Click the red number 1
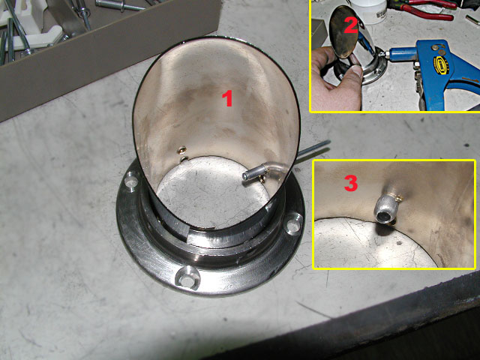point(227,99)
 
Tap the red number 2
point(351,25)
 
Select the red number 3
point(351,183)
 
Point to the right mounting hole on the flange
point(293,224)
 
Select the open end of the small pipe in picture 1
point(246,176)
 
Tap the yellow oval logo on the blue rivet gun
point(440,64)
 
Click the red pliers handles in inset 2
point(428,9)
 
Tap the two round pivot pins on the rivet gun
point(438,47)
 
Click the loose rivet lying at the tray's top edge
point(119,4)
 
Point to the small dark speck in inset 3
point(398,243)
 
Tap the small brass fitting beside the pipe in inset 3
point(398,199)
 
